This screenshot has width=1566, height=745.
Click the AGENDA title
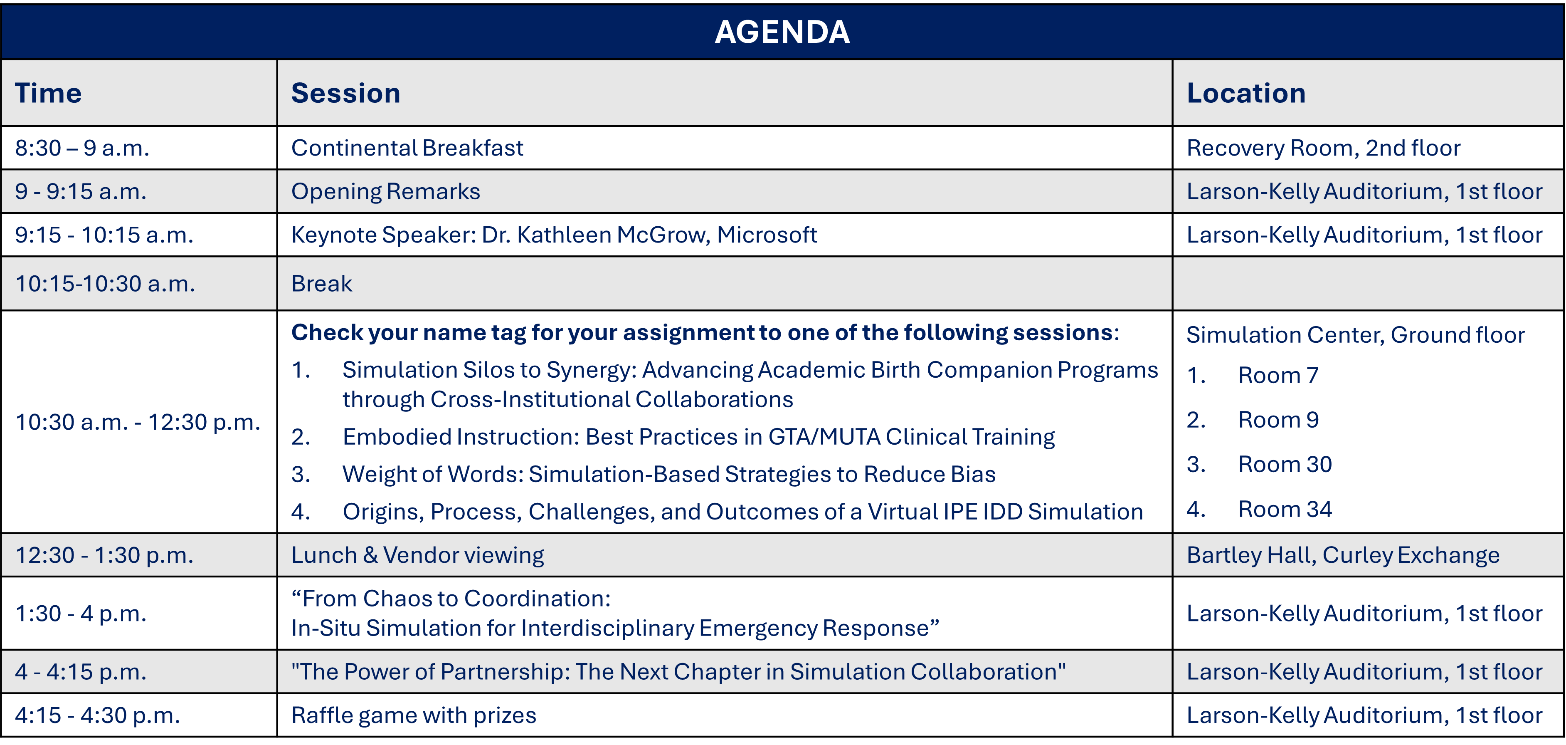[782, 32]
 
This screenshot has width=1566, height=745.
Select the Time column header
[48, 93]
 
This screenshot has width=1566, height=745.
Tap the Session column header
[345, 93]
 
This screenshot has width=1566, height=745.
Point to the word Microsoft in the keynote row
[767, 235]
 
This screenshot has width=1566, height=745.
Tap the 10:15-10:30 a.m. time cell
[105, 283]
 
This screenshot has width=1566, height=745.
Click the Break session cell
[322, 283]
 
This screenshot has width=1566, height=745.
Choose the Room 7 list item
[1278, 375]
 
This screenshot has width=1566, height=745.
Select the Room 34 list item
[1285, 509]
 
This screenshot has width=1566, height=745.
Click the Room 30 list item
[1285, 464]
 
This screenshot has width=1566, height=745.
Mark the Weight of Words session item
[669, 474]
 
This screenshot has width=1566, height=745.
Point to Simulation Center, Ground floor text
[1355, 335]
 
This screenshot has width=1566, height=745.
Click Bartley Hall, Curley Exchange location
[1342, 555]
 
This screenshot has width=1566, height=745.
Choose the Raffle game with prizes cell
[413, 715]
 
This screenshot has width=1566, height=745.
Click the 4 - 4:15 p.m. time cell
[81, 672]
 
